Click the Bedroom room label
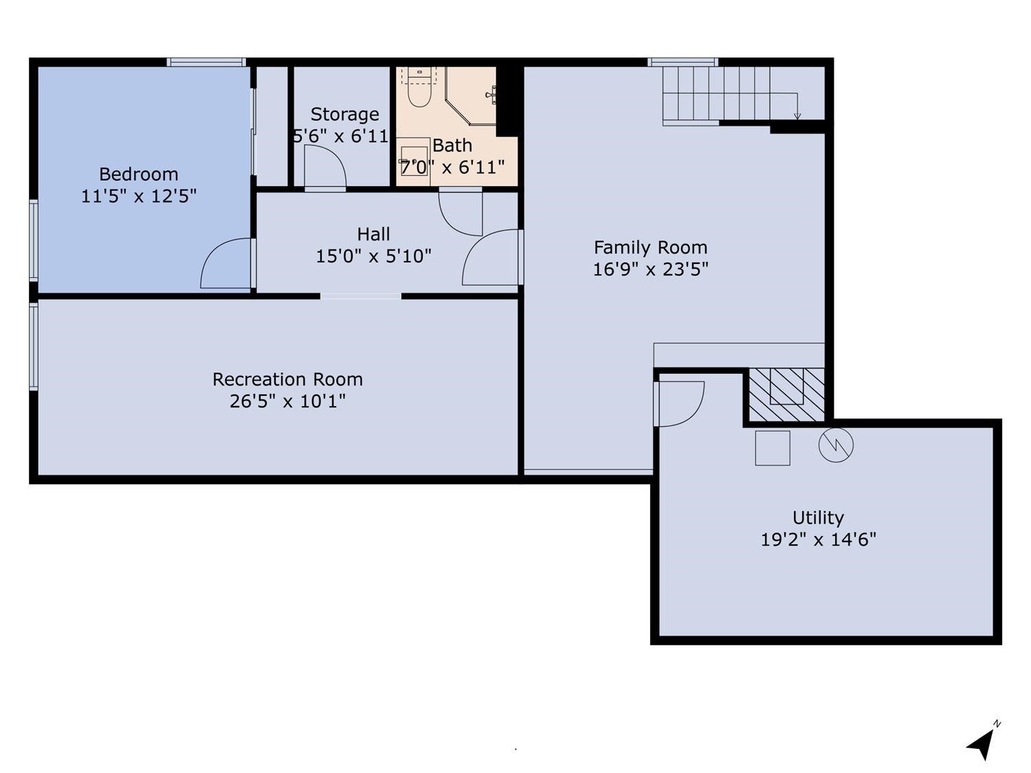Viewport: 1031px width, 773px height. click(x=139, y=174)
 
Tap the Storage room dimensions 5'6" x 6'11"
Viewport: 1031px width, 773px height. click(x=342, y=136)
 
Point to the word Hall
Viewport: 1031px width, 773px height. click(x=374, y=234)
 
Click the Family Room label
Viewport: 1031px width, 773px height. click(x=650, y=247)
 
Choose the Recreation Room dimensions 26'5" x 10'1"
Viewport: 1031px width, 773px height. click(x=287, y=401)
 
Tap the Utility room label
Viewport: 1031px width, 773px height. click(x=818, y=517)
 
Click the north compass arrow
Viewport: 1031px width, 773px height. click(x=982, y=743)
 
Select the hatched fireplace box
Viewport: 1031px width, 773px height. click(x=786, y=395)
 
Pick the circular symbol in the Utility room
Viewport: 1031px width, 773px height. click(x=836, y=445)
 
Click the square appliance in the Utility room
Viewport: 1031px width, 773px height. click(x=773, y=448)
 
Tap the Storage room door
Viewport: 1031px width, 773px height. click(x=325, y=169)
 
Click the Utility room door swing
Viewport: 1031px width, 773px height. click(x=681, y=403)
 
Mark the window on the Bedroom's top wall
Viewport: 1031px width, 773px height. click(x=206, y=63)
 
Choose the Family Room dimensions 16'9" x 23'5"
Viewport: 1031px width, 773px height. click(x=650, y=269)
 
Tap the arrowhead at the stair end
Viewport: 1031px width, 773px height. click(x=797, y=116)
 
